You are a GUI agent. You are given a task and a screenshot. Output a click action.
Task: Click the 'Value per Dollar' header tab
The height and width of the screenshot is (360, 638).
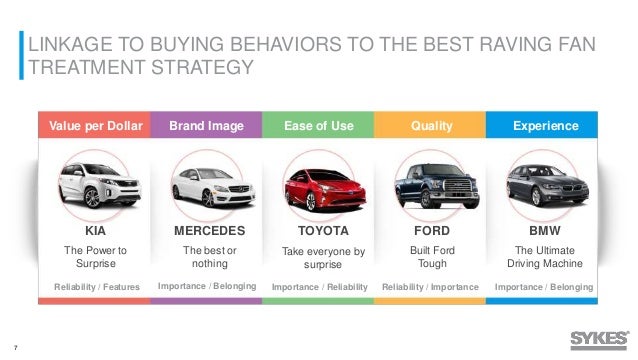[96, 126]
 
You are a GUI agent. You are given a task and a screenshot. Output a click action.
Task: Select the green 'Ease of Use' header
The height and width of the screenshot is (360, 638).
[317, 126]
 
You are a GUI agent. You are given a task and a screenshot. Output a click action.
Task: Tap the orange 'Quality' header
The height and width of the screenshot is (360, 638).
[431, 126]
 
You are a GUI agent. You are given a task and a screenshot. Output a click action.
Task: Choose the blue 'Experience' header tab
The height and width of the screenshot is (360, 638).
[545, 126]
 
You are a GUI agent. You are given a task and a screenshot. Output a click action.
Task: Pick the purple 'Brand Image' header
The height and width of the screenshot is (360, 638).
[204, 126]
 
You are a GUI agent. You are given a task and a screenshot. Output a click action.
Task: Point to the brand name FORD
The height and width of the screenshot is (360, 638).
[431, 229]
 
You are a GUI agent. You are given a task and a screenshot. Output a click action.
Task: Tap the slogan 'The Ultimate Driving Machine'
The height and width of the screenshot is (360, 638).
[545, 256]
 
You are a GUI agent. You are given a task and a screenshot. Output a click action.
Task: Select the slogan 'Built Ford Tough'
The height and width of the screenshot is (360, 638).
[431, 256]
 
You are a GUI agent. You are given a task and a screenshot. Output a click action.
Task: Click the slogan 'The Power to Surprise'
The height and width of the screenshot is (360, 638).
[96, 256]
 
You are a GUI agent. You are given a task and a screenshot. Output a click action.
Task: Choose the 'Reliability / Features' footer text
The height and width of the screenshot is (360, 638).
[96, 288]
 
